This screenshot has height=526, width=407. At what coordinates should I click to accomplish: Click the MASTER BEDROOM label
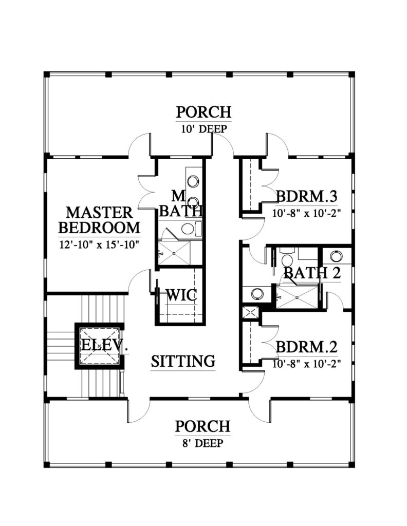pos(99,220)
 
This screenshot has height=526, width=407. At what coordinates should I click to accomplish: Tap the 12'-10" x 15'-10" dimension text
pos(99,245)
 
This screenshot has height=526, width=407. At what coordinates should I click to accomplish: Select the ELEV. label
pos(104,345)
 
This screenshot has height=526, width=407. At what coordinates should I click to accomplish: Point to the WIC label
pos(181,295)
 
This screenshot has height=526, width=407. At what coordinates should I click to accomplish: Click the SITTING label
pos(183,361)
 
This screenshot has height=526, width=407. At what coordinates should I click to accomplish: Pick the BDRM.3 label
pos(306,196)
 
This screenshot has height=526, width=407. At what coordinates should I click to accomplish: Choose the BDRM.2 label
pos(306,347)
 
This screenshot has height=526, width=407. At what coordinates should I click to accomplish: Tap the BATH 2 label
pos(312,273)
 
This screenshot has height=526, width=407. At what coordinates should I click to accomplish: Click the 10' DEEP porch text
pos(204,129)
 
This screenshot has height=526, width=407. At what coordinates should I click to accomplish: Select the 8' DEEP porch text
pos(202,443)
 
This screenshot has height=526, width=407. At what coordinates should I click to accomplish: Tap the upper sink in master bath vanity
pos(192,181)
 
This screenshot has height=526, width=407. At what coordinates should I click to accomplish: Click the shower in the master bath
pos(174,252)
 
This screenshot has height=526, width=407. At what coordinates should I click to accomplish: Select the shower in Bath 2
pos(297,296)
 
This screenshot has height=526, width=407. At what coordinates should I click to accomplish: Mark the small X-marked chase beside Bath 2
pos(250,313)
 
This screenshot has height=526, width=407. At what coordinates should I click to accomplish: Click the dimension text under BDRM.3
pos(306,213)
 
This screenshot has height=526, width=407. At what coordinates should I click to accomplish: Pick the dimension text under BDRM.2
pos(306,364)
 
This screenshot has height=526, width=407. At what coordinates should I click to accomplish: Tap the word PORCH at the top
pos(203,112)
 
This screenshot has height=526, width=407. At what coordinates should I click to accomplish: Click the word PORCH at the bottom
pos(202,426)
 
